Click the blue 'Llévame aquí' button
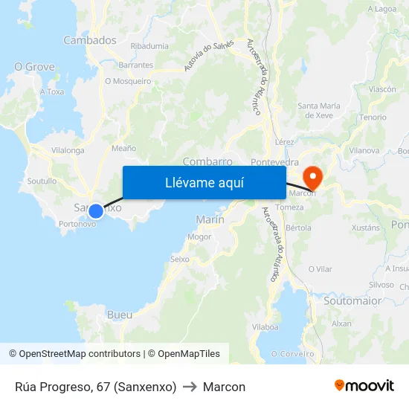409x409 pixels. point(204,182)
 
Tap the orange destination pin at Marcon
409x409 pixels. point(313,177)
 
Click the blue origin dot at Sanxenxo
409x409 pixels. point(95,211)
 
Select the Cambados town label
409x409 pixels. point(90,40)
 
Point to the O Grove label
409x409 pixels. point(35,67)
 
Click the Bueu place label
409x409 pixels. point(120,315)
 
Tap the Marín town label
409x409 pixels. point(210,219)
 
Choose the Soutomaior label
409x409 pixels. point(352,301)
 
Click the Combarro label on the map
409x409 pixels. point(207,161)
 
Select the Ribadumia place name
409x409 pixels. point(149,46)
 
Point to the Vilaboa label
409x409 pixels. point(265,326)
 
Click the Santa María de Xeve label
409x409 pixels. point(319,110)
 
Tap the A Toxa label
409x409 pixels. point(52,91)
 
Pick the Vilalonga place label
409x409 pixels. point(68,149)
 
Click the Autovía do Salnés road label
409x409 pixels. point(210,55)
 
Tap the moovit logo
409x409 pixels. point(364,385)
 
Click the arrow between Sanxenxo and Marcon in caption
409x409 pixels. point(190,387)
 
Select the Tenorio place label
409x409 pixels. point(373,117)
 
